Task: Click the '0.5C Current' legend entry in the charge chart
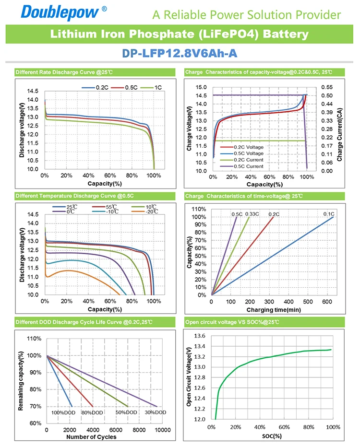pos(248,166)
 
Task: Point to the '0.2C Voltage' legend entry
pos(248,147)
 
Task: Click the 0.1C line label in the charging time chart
pos(328,213)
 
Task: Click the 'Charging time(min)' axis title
pos(274,310)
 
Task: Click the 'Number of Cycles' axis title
pos(91,437)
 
